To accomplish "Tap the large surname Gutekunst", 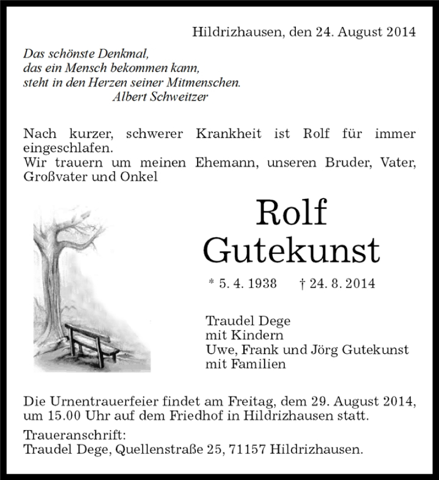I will tap(291, 250).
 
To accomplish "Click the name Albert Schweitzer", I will tap(159, 97).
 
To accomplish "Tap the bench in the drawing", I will tap(91, 343).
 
